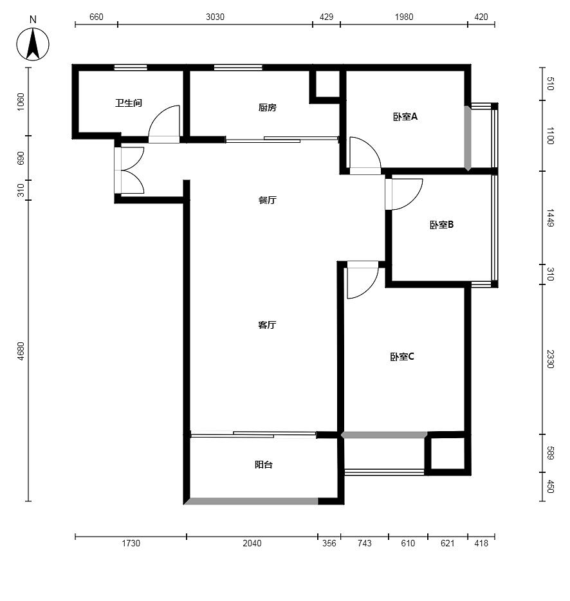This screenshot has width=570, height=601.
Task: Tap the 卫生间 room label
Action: click(x=129, y=103)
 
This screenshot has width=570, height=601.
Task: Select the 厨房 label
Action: click(x=267, y=107)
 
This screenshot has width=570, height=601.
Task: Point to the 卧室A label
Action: click(x=405, y=116)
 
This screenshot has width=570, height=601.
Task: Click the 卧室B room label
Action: click(x=441, y=225)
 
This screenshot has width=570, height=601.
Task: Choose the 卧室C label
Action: click(x=402, y=357)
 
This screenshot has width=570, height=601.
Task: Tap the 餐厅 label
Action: click(x=267, y=200)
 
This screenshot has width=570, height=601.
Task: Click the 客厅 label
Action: click(x=267, y=325)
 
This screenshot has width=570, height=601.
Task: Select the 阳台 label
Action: click(x=264, y=465)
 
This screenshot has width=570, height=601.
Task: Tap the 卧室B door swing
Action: click(x=414, y=201)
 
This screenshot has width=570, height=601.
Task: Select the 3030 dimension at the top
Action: click(x=215, y=17)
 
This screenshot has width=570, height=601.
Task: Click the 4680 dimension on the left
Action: click(x=21, y=351)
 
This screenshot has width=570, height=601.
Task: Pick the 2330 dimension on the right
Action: click(x=550, y=359)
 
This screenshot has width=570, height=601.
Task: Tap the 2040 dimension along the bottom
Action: click(x=252, y=543)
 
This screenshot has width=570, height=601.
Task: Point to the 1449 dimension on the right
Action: click(x=550, y=217)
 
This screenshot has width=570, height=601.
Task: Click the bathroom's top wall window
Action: click(x=131, y=68)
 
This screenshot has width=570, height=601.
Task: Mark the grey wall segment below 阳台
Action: click(x=252, y=501)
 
